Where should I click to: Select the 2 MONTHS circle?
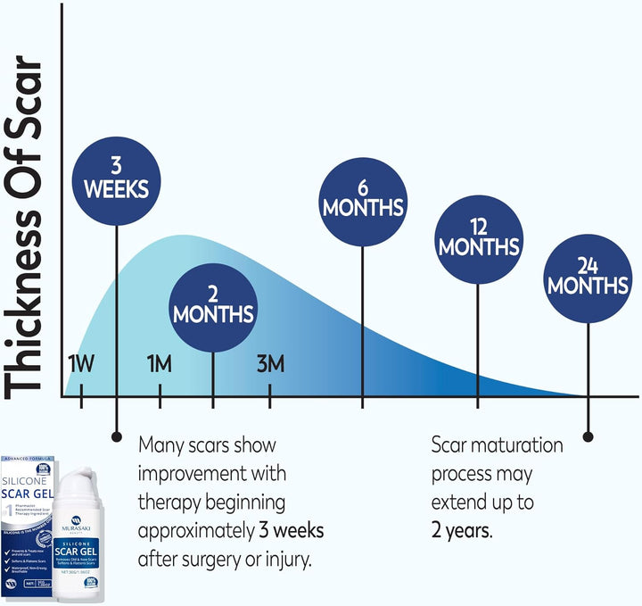pos(213,304)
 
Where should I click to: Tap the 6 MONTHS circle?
pos(363,198)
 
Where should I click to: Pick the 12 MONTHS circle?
pos(478,236)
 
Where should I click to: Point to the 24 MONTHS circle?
pos(588,276)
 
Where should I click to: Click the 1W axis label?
pos(81,364)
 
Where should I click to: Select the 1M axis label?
pos(160,364)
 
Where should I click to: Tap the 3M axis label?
pos(270,364)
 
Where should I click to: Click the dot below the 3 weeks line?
pos(116,436)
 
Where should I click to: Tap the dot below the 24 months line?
pos(588,436)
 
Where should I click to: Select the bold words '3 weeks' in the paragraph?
pos(292,531)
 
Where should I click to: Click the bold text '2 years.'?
pos(460,531)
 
